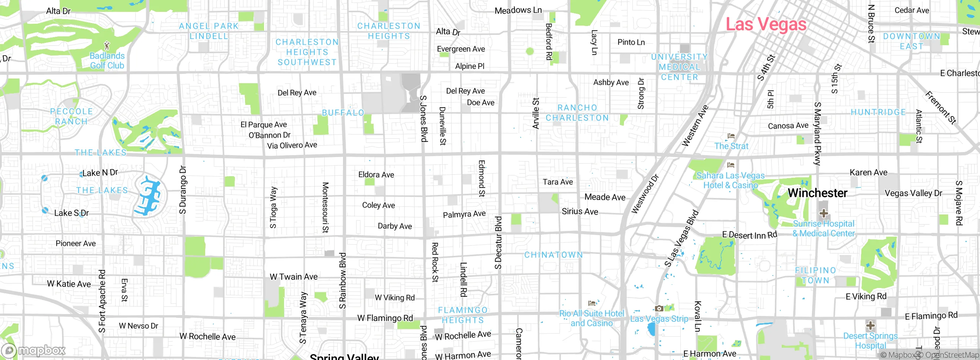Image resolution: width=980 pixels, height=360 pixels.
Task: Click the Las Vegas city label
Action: (766, 25)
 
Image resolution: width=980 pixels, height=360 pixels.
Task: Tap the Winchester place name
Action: (817, 193)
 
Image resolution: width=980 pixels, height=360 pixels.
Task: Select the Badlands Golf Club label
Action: (107, 61)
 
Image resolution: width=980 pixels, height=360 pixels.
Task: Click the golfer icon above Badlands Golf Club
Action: (107, 46)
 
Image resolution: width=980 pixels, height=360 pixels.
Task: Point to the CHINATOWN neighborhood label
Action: (554, 255)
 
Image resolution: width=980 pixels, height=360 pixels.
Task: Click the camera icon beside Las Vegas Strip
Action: (659, 308)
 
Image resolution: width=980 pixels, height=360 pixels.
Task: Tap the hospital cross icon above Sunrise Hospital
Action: (823, 213)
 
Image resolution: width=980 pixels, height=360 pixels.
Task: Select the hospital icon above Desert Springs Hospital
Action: (870, 326)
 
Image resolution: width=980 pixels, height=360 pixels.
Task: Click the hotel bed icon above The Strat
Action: (731, 136)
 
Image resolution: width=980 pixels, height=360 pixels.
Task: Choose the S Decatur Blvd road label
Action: (498, 243)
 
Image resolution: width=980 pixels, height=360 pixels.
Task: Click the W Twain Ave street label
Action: (294, 277)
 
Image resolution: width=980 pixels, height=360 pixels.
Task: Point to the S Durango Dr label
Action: (183, 190)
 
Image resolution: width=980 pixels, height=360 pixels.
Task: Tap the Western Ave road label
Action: (695, 126)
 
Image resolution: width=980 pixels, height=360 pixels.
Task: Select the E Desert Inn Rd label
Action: (750, 235)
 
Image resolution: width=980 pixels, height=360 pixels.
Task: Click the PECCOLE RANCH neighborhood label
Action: (72, 116)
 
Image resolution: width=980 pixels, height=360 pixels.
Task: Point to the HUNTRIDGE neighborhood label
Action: (878, 112)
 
